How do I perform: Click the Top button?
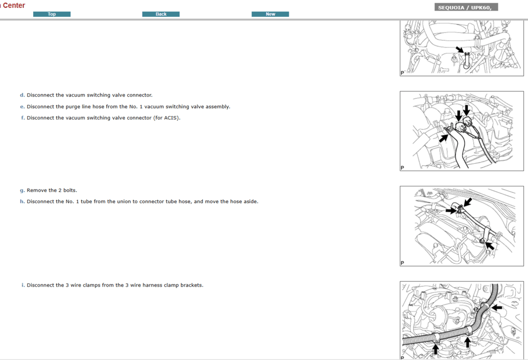(x=52, y=14)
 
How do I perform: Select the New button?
(x=270, y=14)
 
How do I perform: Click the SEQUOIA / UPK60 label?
(x=465, y=7)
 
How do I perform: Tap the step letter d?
(x=22, y=95)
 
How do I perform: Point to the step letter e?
(x=22, y=107)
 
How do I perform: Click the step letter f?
(x=23, y=118)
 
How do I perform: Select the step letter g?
(x=22, y=190)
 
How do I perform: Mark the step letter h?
(x=22, y=201)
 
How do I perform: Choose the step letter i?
(x=23, y=285)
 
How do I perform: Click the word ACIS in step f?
(x=170, y=118)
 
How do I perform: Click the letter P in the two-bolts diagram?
(x=402, y=263)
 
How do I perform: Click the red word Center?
(x=14, y=5)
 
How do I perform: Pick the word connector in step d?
(x=138, y=95)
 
